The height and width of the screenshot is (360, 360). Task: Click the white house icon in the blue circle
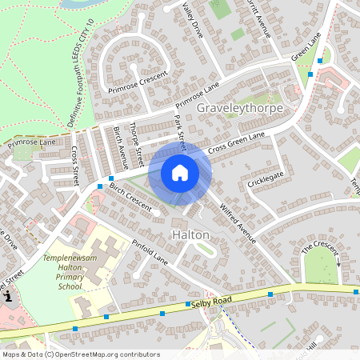pyautogui.click(x=180, y=172)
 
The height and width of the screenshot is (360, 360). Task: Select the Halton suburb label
pyautogui.click(x=190, y=234)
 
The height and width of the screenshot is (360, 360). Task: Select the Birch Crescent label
pyautogui.click(x=130, y=197)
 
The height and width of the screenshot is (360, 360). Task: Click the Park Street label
pyautogui.click(x=181, y=131)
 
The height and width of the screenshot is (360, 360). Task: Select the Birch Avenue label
pyautogui.click(x=121, y=141)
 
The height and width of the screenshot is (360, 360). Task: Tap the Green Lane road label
pyautogui.click(x=306, y=49)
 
